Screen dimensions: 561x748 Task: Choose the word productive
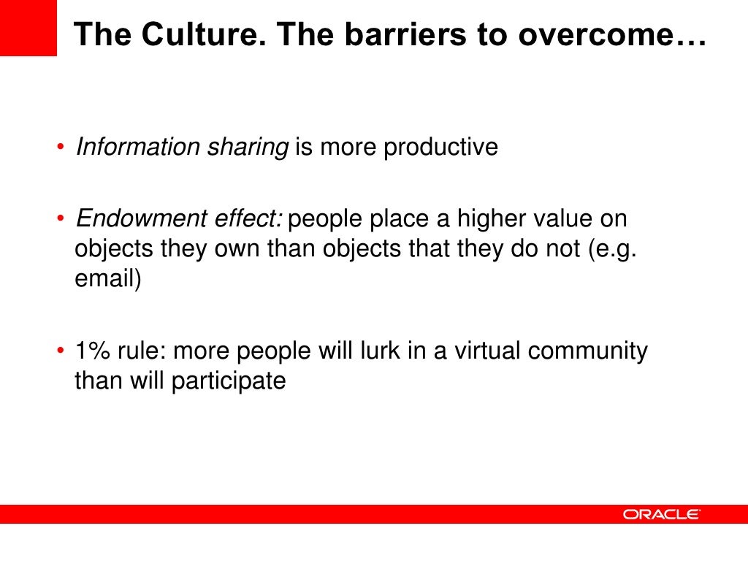[440, 148]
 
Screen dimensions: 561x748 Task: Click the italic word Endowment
[132, 218]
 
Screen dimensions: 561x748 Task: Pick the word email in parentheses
[106, 280]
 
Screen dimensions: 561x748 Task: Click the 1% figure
[91, 351]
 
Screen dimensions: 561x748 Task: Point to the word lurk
[370, 351]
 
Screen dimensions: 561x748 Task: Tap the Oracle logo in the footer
[661, 514]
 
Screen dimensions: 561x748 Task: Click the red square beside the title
[28, 28]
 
